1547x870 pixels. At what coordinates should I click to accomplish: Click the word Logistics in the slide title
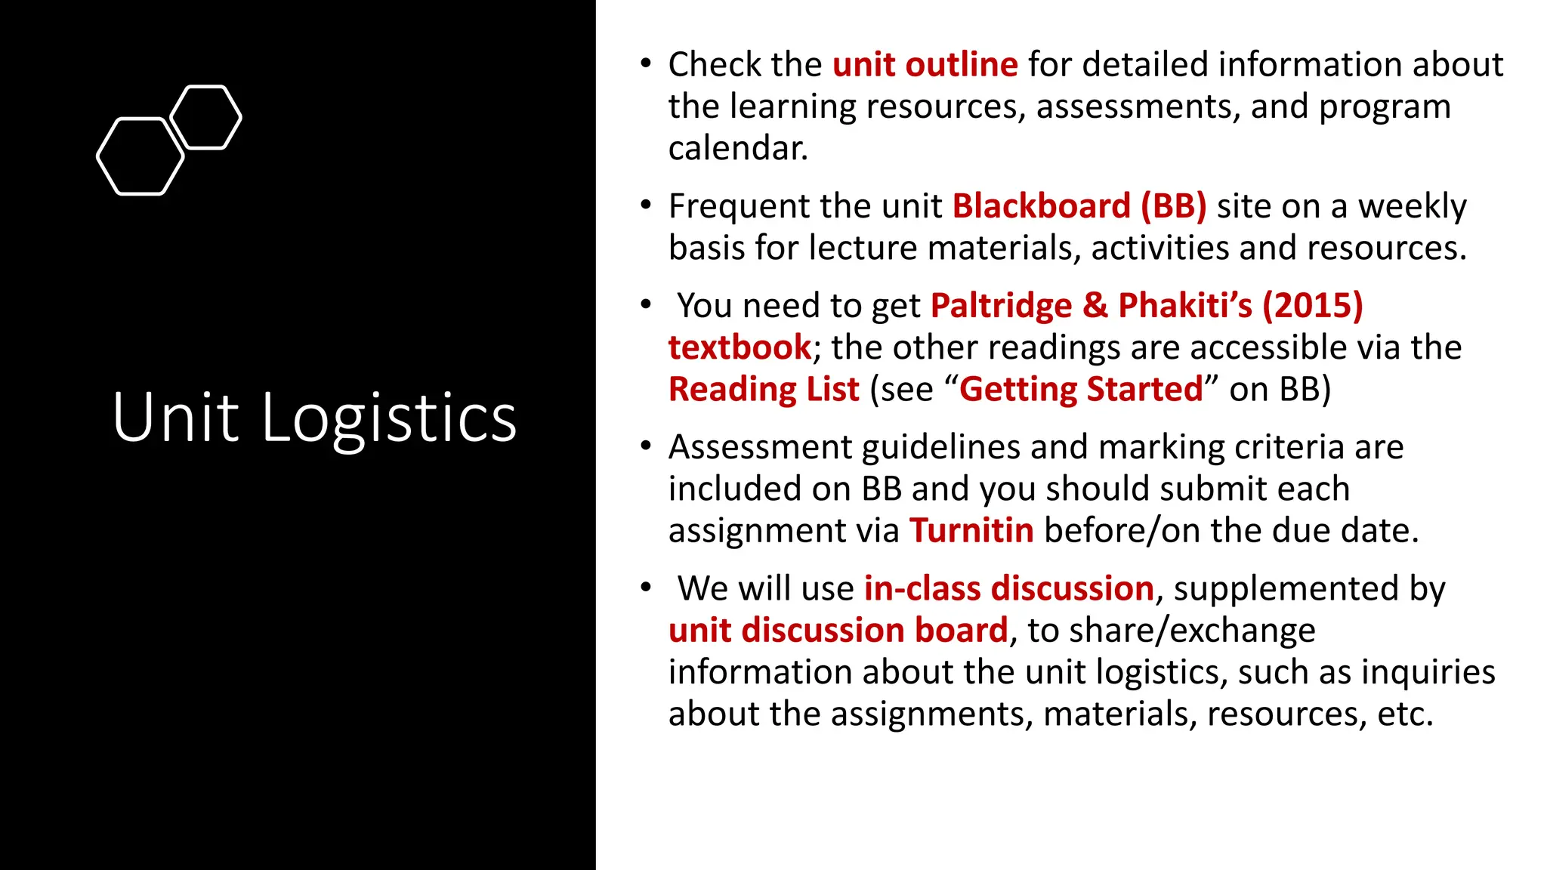[x=389, y=418]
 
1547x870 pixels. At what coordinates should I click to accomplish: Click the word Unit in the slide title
[x=176, y=418]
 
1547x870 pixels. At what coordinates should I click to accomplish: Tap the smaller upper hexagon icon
[x=205, y=117]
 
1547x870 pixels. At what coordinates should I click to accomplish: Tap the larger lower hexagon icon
[x=140, y=156]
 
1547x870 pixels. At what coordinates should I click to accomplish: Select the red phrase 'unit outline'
[x=925, y=65]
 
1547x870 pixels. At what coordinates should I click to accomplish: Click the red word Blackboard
[x=1041, y=206]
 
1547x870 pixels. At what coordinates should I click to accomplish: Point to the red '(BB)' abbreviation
[x=1173, y=206]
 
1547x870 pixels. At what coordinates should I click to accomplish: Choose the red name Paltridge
[x=1001, y=306]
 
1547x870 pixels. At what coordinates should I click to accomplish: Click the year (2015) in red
[x=1313, y=306]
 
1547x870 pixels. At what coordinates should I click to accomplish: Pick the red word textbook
[x=740, y=347]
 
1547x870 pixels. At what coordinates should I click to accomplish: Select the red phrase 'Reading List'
[x=764, y=390]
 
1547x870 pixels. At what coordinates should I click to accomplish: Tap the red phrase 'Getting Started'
[x=1081, y=390]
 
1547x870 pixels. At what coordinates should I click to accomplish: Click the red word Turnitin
[x=971, y=531]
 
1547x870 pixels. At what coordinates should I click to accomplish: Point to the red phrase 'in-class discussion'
[x=1008, y=588]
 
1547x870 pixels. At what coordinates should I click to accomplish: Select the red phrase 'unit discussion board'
[x=838, y=631]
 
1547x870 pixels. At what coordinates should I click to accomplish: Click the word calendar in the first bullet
[x=738, y=148]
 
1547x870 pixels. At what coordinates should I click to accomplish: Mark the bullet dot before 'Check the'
[x=645, y=63]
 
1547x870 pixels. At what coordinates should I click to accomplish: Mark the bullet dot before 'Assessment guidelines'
[x=645, y=446]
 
